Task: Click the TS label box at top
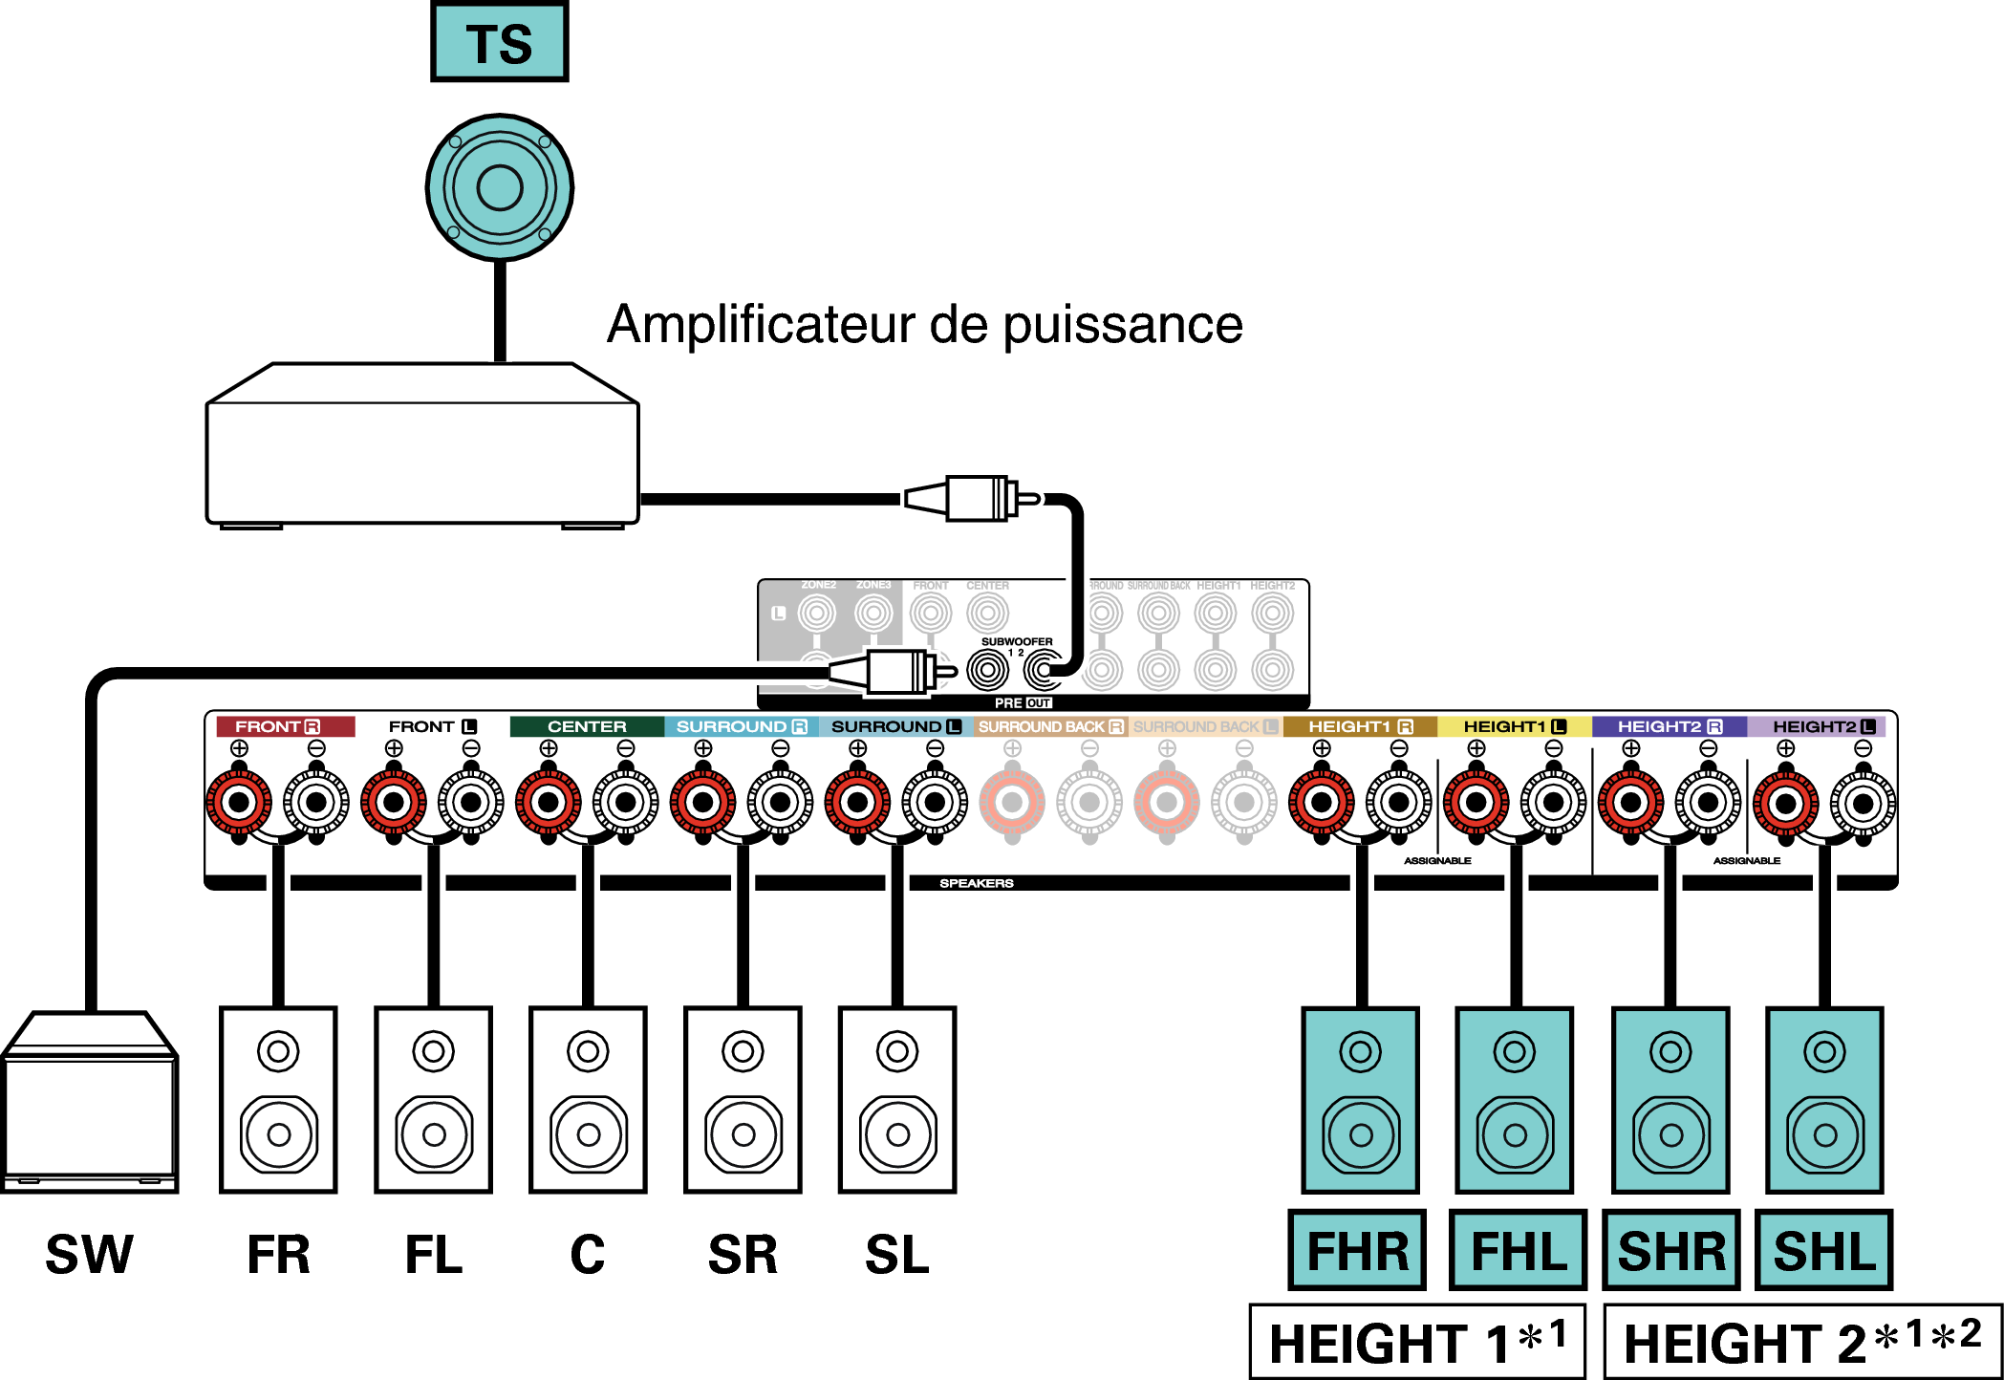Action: [499, 43]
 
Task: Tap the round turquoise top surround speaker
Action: [499, 187]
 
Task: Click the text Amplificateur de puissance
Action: [924, 325]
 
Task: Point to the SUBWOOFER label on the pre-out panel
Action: [1016, 641]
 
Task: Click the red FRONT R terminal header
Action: [285, 726]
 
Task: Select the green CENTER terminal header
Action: [587, 726]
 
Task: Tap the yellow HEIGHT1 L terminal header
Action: [1514, 726]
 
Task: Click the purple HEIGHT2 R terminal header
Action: [1669, 726]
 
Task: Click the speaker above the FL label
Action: [433, 1099]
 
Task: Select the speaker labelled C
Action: [588, 1099]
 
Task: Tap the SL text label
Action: [896, 1255]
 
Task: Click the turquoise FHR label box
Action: [1357, 1251]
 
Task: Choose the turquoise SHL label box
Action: [1823, 1251]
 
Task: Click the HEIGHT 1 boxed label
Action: [1417, 1342]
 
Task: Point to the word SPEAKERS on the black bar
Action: [976, 883]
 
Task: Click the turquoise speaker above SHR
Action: [1670, 1099]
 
